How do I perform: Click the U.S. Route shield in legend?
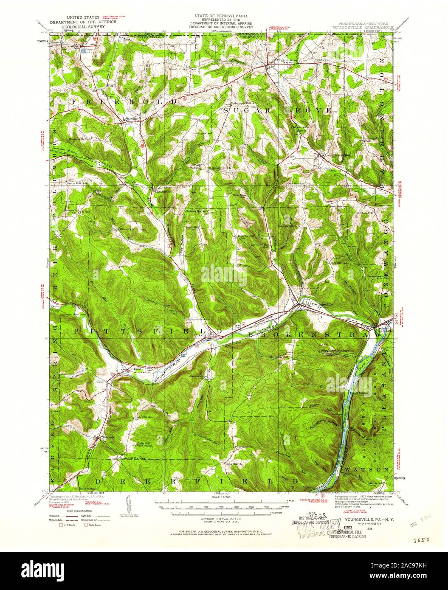click(61, 525)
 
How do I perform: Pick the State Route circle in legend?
click(86, 525)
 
